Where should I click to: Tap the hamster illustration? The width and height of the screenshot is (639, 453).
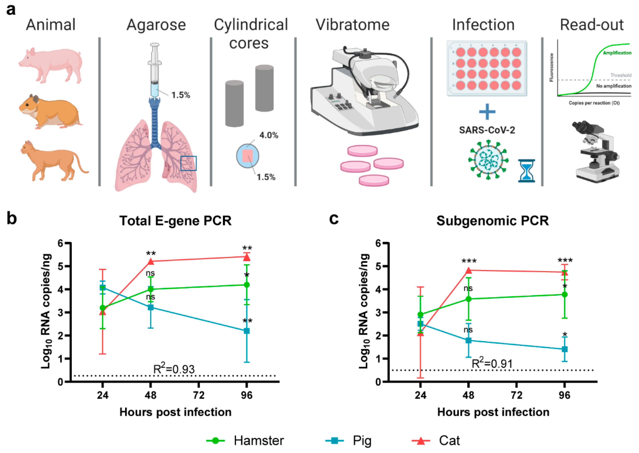click(x=50, y=112)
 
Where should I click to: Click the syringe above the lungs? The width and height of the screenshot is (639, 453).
click(x=154, y=70)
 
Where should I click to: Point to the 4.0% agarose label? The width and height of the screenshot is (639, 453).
click(x=269, y=135)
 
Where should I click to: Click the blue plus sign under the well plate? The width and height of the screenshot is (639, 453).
click(x=487, y=112)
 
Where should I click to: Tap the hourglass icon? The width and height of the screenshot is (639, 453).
click(x=526, y=171)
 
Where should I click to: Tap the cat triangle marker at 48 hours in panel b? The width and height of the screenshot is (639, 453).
click(x=151, y=262)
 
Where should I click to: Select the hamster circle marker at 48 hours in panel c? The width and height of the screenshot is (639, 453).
click(x=468, y=299)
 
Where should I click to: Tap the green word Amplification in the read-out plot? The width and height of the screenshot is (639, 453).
click(x=617, y=53)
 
